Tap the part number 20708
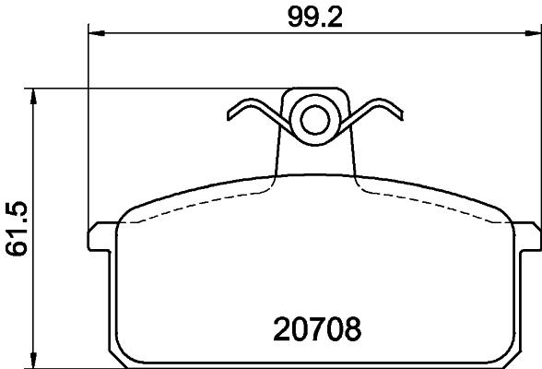(317, 327)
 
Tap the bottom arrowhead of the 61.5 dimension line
(34, 361)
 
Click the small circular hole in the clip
(314, 117)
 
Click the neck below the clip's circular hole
(314, 157)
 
